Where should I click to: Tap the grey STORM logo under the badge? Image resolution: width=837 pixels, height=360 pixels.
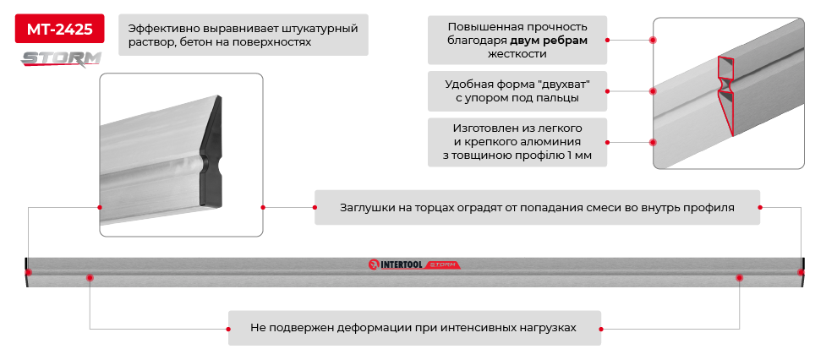coord(61,58)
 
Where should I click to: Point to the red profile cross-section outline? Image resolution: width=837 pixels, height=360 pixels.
coord(725,93)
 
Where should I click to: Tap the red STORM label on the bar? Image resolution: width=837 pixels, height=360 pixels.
coord(441,265)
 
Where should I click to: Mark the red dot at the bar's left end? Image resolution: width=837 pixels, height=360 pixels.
coord(30,272)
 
